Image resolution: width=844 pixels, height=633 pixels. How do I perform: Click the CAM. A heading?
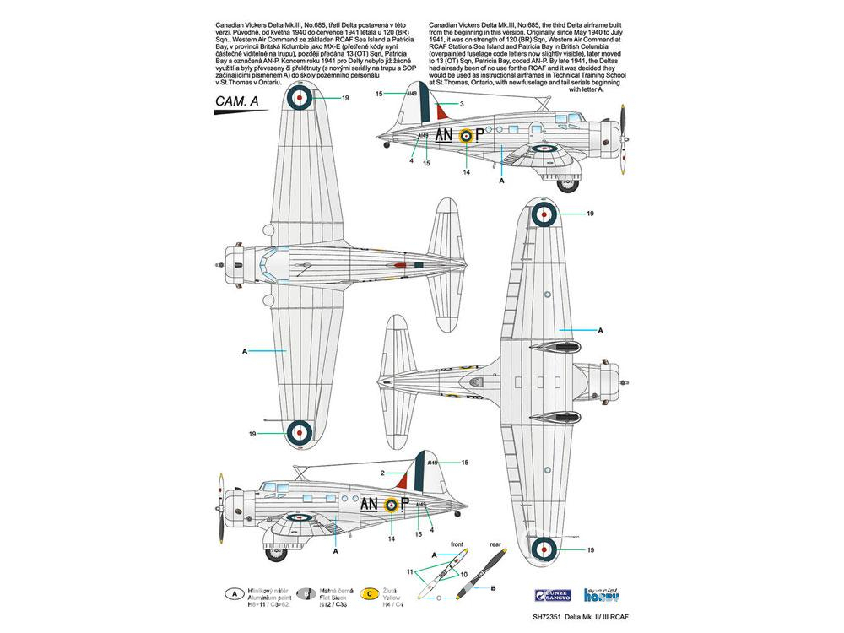click(225, 103)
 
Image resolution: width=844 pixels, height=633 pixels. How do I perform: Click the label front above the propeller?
click(458, 545)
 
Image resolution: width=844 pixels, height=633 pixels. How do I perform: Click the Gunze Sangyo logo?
click(556, 595)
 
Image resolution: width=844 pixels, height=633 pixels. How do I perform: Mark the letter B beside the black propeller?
click(492, 587)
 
